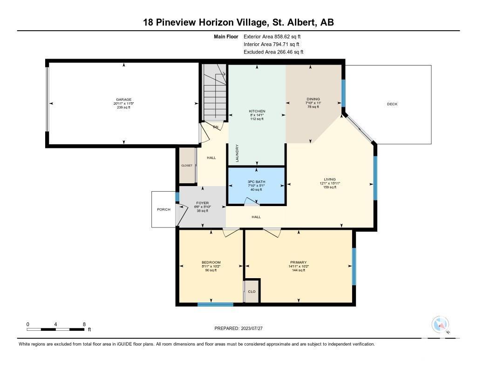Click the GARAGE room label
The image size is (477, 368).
(x=123, y=100)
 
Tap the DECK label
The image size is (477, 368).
(x=392, y=104)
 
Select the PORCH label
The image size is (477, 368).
(x=164, y=209)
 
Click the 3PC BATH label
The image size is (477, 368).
(x=257, y=182)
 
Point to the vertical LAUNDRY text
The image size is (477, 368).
(x=237, y=153)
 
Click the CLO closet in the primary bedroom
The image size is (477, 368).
(x=252, y=291)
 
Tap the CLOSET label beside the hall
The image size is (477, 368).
(x=187, y=166)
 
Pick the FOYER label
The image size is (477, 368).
(x=202, y=203)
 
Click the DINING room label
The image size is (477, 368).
(x=313, y=99)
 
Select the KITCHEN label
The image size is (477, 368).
(x=257, y=111)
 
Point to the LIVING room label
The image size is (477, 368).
(x=330, y=179)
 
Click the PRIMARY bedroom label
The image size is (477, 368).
(x=299, y=262)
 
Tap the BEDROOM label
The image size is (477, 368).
(x=211, y=262)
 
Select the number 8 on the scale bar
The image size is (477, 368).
(x=84, y=324)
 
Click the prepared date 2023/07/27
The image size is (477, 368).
(x=252, y=328)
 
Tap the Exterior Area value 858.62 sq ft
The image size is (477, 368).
(x=287, y=36)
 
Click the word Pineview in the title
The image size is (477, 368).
(x=176, y=22)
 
